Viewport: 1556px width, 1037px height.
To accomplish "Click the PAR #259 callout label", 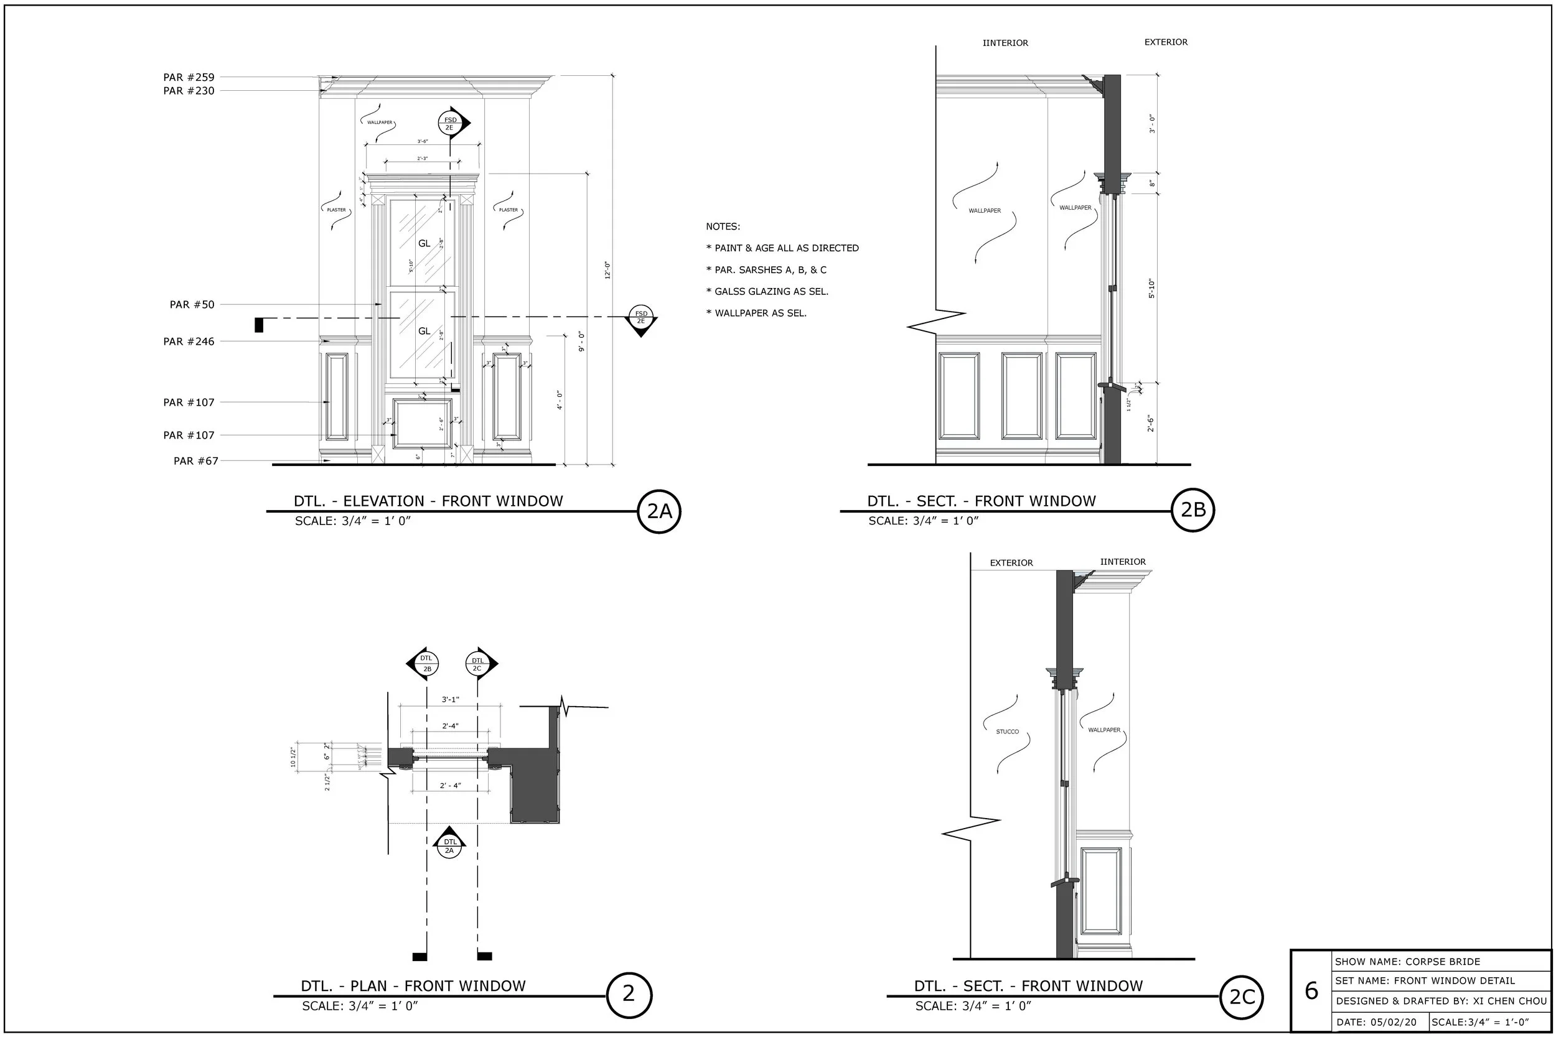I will coord(189,77).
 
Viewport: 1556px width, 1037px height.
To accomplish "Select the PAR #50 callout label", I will coord(192,305).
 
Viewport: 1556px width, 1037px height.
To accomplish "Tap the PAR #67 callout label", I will coord(195,461).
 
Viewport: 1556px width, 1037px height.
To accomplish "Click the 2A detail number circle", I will coord(659,511).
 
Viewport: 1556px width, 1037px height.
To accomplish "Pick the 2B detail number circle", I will coord(1193,510).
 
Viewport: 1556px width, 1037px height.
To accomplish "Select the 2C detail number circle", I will coord(1241,997).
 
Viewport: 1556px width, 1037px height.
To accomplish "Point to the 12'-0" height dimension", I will coord(607,270).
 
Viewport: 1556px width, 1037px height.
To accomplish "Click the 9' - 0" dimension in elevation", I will coord(581,342).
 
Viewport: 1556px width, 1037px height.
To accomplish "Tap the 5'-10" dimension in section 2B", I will coord(1151,289).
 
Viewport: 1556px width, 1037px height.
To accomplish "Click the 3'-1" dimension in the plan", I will coord(450,700).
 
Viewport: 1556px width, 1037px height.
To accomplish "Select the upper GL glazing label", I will coord(424,243).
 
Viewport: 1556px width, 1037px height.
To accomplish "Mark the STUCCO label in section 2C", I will coord(1007,732).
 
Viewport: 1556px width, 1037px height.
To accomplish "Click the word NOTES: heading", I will coord(723,226).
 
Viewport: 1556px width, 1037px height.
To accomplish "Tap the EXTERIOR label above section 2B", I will coord(1166,42).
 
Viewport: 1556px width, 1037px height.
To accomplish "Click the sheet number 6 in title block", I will coord(1311,991).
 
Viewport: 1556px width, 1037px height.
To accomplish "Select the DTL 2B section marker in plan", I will coord(426,663).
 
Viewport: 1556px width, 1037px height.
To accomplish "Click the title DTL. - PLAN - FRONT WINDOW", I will coord(413,985).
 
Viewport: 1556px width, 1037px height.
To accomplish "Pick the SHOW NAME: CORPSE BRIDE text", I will coord(1407,962).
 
